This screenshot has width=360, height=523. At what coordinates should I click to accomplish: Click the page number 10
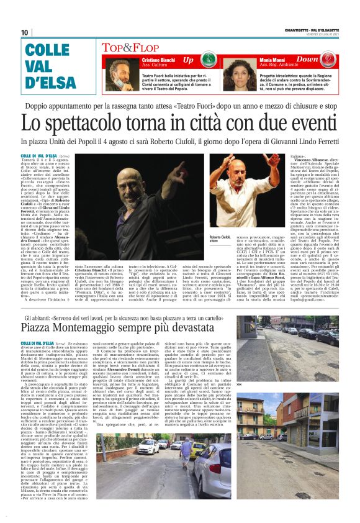pyautogui.click(x=25, y=32)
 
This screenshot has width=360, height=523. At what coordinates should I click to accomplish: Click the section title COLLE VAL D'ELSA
pyautogui.click(x=47, y=67)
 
